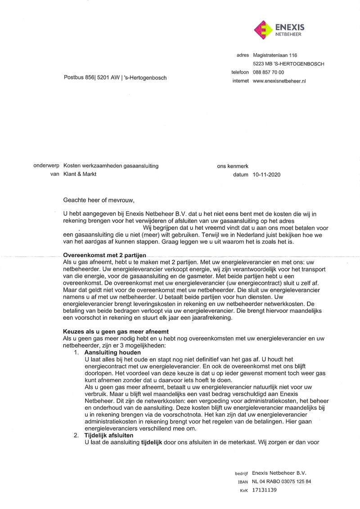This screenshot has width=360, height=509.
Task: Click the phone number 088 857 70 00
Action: (x=269, y=72)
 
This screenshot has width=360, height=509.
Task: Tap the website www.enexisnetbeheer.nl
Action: (x=279, y=81)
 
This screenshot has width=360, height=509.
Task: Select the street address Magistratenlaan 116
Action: (x=275, y=55)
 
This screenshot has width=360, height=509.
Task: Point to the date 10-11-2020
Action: (x=266, y=174)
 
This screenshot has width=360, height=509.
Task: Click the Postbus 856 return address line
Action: (x=115, y=78)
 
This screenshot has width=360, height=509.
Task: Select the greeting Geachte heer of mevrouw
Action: (x=99, y=200)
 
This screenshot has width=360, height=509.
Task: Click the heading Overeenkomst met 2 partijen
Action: (x=105, y=255)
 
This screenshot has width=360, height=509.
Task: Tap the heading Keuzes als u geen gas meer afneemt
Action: (x=116, y=332)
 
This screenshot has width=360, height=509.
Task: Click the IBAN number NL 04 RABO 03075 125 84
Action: (x=281, y=482)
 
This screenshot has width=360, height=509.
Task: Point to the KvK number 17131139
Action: (x=265, y=490)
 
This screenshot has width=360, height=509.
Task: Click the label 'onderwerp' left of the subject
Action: (x=47, y=166)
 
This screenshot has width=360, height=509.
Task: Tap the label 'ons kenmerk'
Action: (x=233, y=166)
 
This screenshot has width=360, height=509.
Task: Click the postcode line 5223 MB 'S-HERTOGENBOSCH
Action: (x=288, y=64)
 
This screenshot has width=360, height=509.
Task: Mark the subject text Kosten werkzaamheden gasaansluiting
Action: (x=111, y=166)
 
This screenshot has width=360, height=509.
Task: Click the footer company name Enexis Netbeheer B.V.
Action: (x=279, y=473)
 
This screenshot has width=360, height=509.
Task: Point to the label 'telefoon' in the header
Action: (x=240, y=72)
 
